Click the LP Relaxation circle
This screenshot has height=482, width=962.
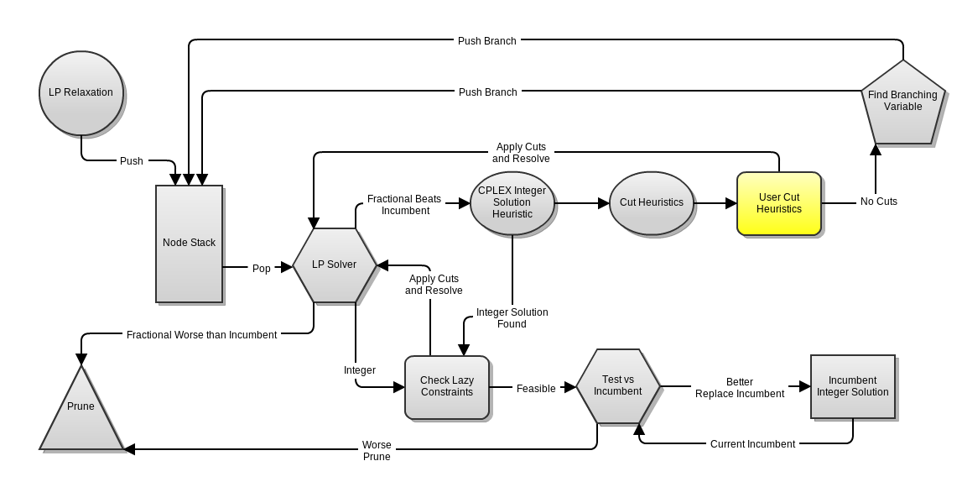click(x=81, y=92)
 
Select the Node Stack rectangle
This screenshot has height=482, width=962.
click(x=189, y=244)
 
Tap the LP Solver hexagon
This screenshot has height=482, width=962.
click(x=334, y=265)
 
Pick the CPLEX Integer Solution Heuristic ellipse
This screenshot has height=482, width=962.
click(x=512, y=202)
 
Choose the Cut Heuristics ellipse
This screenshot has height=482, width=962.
click(x=651, y=202)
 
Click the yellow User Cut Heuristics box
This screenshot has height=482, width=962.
click(x=778, y=203)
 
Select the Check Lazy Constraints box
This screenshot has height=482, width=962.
click(x=446, y=386)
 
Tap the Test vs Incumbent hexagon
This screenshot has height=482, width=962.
click(x=617, y=386)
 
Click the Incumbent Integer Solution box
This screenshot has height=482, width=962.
click(x=852, y=386)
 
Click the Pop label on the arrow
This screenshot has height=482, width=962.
click(x=262, y=269)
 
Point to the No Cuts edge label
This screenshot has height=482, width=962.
click(x=878, y=202)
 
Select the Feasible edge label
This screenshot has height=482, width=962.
click(x=536, y=389)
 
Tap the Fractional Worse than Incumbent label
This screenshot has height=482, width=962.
click(x=201, y=335)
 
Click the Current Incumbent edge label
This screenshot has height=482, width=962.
click(x=752, y=444)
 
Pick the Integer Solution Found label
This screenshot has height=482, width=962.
click(x=512, y=318)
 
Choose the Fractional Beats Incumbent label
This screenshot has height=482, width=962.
click(x=404, y=205)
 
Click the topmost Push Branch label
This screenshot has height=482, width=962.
click(x=486, y=40)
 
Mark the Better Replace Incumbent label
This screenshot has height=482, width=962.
click(x=739, y=388)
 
